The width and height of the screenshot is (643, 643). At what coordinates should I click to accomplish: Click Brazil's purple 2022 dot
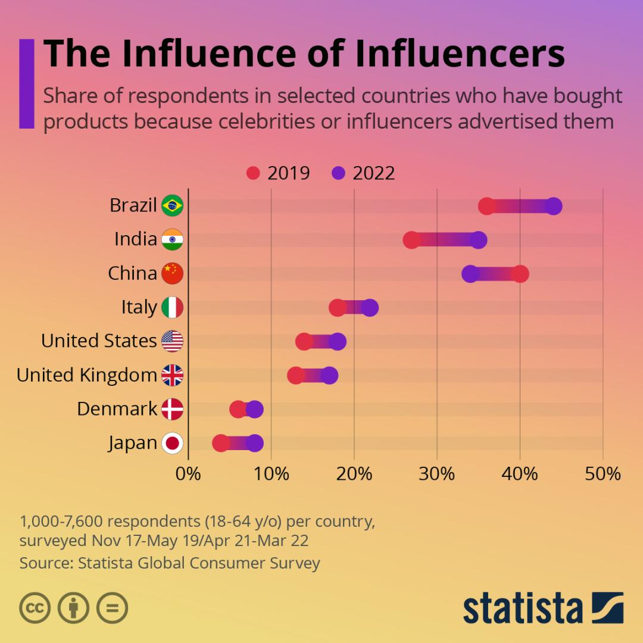(x=554, y=206)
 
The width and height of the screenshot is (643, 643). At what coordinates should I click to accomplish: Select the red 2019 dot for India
(x=411, y=240)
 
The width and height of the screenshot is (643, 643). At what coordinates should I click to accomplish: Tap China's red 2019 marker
(x=520, y=274)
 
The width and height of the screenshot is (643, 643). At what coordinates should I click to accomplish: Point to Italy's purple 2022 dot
(x=370, y=308)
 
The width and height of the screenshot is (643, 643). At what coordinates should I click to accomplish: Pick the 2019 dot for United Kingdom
(x=296, y=376)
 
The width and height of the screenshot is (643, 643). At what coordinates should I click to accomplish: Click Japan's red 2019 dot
(x=221, y=444)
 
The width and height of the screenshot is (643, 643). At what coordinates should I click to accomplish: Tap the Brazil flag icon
(x=173, y=206)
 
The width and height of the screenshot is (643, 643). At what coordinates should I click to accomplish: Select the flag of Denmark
(x=173, y=410)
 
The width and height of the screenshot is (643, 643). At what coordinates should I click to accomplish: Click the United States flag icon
(x=173, y=342)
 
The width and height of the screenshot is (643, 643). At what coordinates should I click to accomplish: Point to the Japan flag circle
(x=173, y=444)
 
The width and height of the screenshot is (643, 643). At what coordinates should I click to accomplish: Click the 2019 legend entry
(x=279, y=173)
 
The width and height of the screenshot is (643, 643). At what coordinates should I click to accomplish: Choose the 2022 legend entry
(x=364, y=173)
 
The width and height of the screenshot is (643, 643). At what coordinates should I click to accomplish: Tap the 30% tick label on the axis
(x=437, y=474)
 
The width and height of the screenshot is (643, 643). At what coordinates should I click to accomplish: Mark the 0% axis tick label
(x=188, y=474)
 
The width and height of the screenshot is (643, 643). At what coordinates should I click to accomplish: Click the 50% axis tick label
(x=603, y=474)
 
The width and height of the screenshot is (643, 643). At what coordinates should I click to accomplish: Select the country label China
(x=132, y=273)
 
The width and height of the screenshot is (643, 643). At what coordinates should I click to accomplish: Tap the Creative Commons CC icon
(x=35, y=607)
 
